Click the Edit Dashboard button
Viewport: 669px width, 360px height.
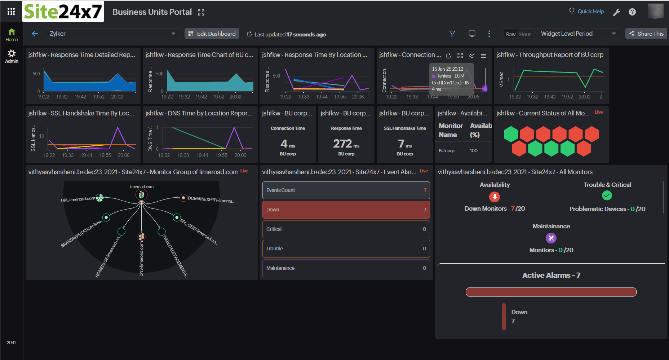point(212,34)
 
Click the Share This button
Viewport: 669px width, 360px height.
point(646,34)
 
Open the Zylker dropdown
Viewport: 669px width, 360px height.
point(112,34)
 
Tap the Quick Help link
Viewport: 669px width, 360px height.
point(586,12)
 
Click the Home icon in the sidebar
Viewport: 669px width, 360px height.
point(12,35)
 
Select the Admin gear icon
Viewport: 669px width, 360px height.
point(12,56)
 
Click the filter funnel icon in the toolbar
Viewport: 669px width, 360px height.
point(452,34)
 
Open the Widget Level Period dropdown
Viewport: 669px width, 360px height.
point(578,34)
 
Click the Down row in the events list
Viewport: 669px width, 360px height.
point(346,210)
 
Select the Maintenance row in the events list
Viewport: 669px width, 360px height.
point(346,268)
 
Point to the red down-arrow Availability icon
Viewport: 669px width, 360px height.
point(495,197)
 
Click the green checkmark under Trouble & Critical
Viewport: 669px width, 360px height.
point(607,196)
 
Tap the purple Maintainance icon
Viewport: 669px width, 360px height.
point(551,238)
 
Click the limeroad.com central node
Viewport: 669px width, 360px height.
point(142,195)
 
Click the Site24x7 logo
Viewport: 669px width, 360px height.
point(63,12)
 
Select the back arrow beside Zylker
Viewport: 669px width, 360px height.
point(35,34)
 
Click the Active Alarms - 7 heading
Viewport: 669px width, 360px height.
point(551,275)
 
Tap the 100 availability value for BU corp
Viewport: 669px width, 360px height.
point(474,151)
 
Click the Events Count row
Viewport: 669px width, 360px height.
point(346,190)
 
